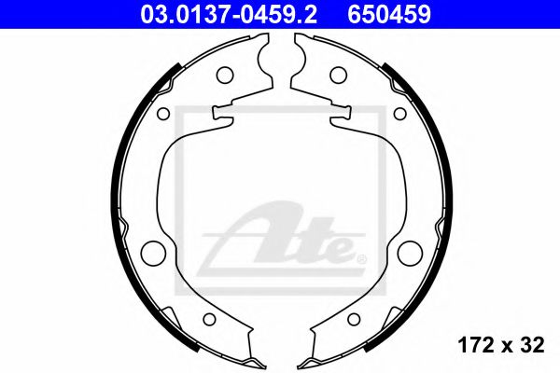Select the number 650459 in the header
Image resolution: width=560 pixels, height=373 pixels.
395,14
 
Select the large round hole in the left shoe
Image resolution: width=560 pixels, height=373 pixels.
151,252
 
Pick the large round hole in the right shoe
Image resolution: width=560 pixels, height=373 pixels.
409,252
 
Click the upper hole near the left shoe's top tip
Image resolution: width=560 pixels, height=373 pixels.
224,76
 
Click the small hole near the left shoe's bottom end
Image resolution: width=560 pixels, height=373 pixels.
209,319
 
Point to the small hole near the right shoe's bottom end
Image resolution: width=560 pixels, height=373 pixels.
352,319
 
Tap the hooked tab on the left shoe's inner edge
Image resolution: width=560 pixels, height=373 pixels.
227,114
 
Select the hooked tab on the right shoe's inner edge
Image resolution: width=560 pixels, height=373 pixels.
333,114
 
